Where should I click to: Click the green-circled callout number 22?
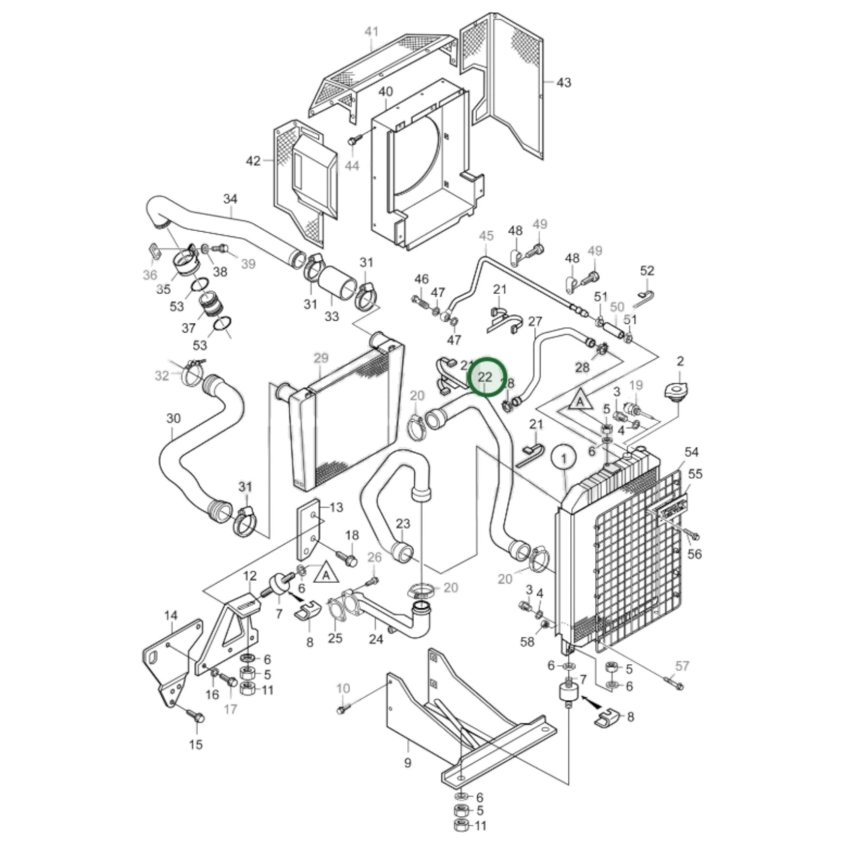[x=485, y=377]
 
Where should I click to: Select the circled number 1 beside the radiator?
[x=564, y=459]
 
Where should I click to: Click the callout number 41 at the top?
[x=371, y=31]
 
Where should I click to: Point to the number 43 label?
[x=563, y=82]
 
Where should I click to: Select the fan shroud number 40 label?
[x=385, y=92]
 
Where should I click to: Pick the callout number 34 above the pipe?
[x=231, y=199]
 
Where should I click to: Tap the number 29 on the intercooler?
[x=321, y=357]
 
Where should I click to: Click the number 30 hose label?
[x=173, y=418]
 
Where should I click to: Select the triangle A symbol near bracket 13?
[x=326, y=574]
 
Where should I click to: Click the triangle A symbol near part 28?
[x=579, y=401]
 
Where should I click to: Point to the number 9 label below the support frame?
[x=408, y=762]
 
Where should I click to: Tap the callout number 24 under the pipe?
[x=376, y=639]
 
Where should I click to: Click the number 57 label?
[x=682, y=665]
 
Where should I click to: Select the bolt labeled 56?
[x=694, y=536]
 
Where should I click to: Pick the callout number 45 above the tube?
[x=486, y=235]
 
